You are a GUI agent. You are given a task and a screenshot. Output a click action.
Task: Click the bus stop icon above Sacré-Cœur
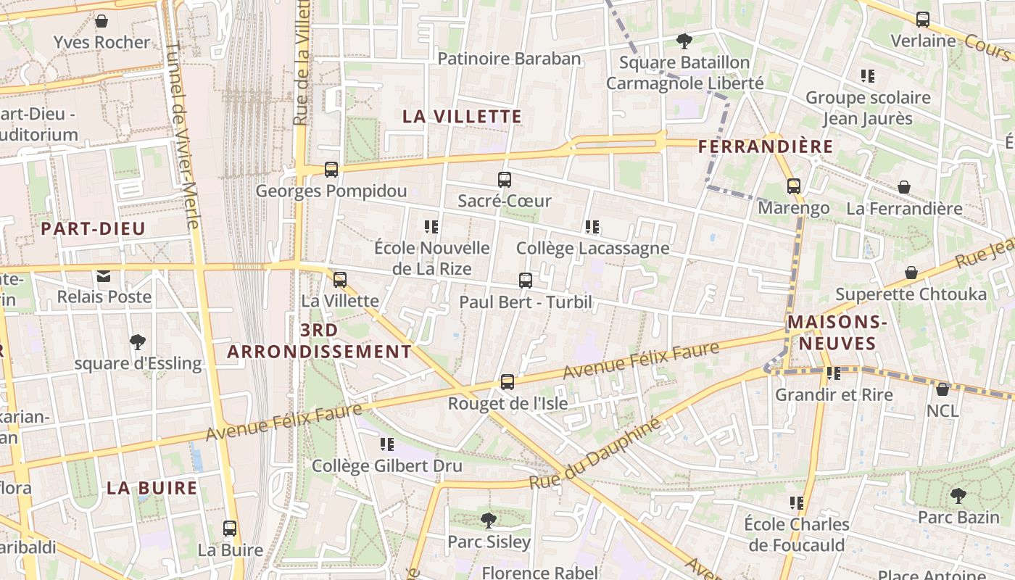point(505,180)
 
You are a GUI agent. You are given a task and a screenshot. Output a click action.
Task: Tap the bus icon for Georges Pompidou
point(331,170)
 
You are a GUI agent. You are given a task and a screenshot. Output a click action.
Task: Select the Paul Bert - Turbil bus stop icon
point(526,281)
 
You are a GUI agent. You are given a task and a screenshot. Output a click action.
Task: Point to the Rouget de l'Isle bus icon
point(507,382)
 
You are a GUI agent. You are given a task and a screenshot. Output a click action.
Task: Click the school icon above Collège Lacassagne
point(592,228)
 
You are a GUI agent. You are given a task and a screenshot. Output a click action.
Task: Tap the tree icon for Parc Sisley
point(489,520)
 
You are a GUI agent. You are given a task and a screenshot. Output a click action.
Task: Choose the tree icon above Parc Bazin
point(958,497)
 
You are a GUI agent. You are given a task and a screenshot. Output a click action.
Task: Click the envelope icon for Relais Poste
point(104,275)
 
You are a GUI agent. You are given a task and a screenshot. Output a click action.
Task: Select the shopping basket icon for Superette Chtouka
point(911,273)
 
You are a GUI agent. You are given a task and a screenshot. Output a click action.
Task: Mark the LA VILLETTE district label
point(462,116)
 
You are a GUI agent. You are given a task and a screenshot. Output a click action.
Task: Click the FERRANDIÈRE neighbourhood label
point(766,146)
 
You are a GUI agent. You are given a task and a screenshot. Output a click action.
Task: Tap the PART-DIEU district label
point(94,229)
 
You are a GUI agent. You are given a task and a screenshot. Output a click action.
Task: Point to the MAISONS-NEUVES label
point(837,332)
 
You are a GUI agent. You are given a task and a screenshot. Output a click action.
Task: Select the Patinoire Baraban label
point(510,59)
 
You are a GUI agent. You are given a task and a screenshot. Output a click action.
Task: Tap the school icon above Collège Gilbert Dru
point(387,444)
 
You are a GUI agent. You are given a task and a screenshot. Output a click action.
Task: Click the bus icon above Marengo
point(794,186)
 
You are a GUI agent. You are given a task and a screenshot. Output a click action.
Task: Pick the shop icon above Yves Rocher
point(101,21)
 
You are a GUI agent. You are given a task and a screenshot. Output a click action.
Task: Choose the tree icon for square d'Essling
point(138,342)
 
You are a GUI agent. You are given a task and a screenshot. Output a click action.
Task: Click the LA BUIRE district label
point(152,487)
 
